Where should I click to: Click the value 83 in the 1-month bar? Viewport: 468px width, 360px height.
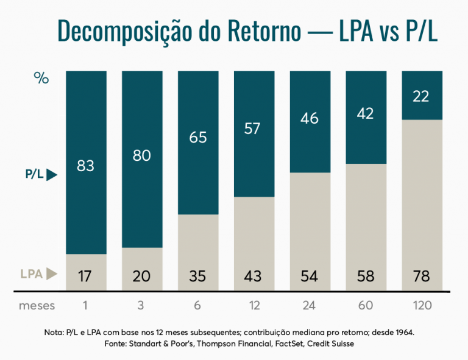[86, 165]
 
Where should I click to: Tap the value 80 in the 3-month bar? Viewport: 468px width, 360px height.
[142, 157]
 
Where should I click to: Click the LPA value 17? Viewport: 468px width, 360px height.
[86, 276]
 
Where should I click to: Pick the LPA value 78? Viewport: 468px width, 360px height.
[421, 276]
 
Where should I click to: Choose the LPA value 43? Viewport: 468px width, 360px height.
[253, 276]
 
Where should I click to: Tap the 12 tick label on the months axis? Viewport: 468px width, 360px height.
[253, 305]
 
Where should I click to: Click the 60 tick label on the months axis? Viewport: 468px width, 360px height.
[366, 305]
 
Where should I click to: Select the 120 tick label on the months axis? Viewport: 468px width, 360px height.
[421, 305]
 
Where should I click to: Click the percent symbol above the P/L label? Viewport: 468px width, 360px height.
[41, 79]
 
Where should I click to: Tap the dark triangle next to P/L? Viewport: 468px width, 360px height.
[51, 175]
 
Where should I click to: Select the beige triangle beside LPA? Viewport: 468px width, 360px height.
[52, 274]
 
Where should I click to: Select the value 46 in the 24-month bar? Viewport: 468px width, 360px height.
[310, 118]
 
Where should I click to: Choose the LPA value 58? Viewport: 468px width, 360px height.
[366, 276]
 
